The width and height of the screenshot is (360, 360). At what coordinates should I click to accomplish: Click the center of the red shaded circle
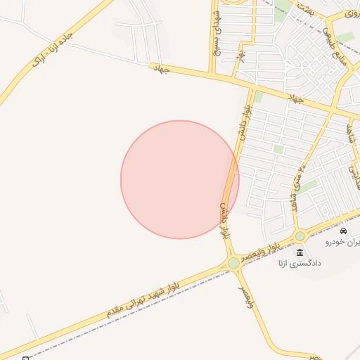(x=180, y=179)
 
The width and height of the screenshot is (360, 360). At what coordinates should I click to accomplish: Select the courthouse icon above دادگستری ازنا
(x=300, y=252)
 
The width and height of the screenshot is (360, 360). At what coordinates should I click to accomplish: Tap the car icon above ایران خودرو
(x=343, y=231)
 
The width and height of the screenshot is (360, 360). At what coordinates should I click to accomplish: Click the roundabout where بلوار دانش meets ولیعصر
(x=233, y=263)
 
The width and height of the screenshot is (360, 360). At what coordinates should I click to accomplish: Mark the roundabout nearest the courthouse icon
(x=300, y=236)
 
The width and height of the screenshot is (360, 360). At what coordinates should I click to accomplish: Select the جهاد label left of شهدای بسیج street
(x=160, y=67)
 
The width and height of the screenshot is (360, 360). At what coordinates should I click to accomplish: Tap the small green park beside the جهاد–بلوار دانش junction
(x=258, y=96)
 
